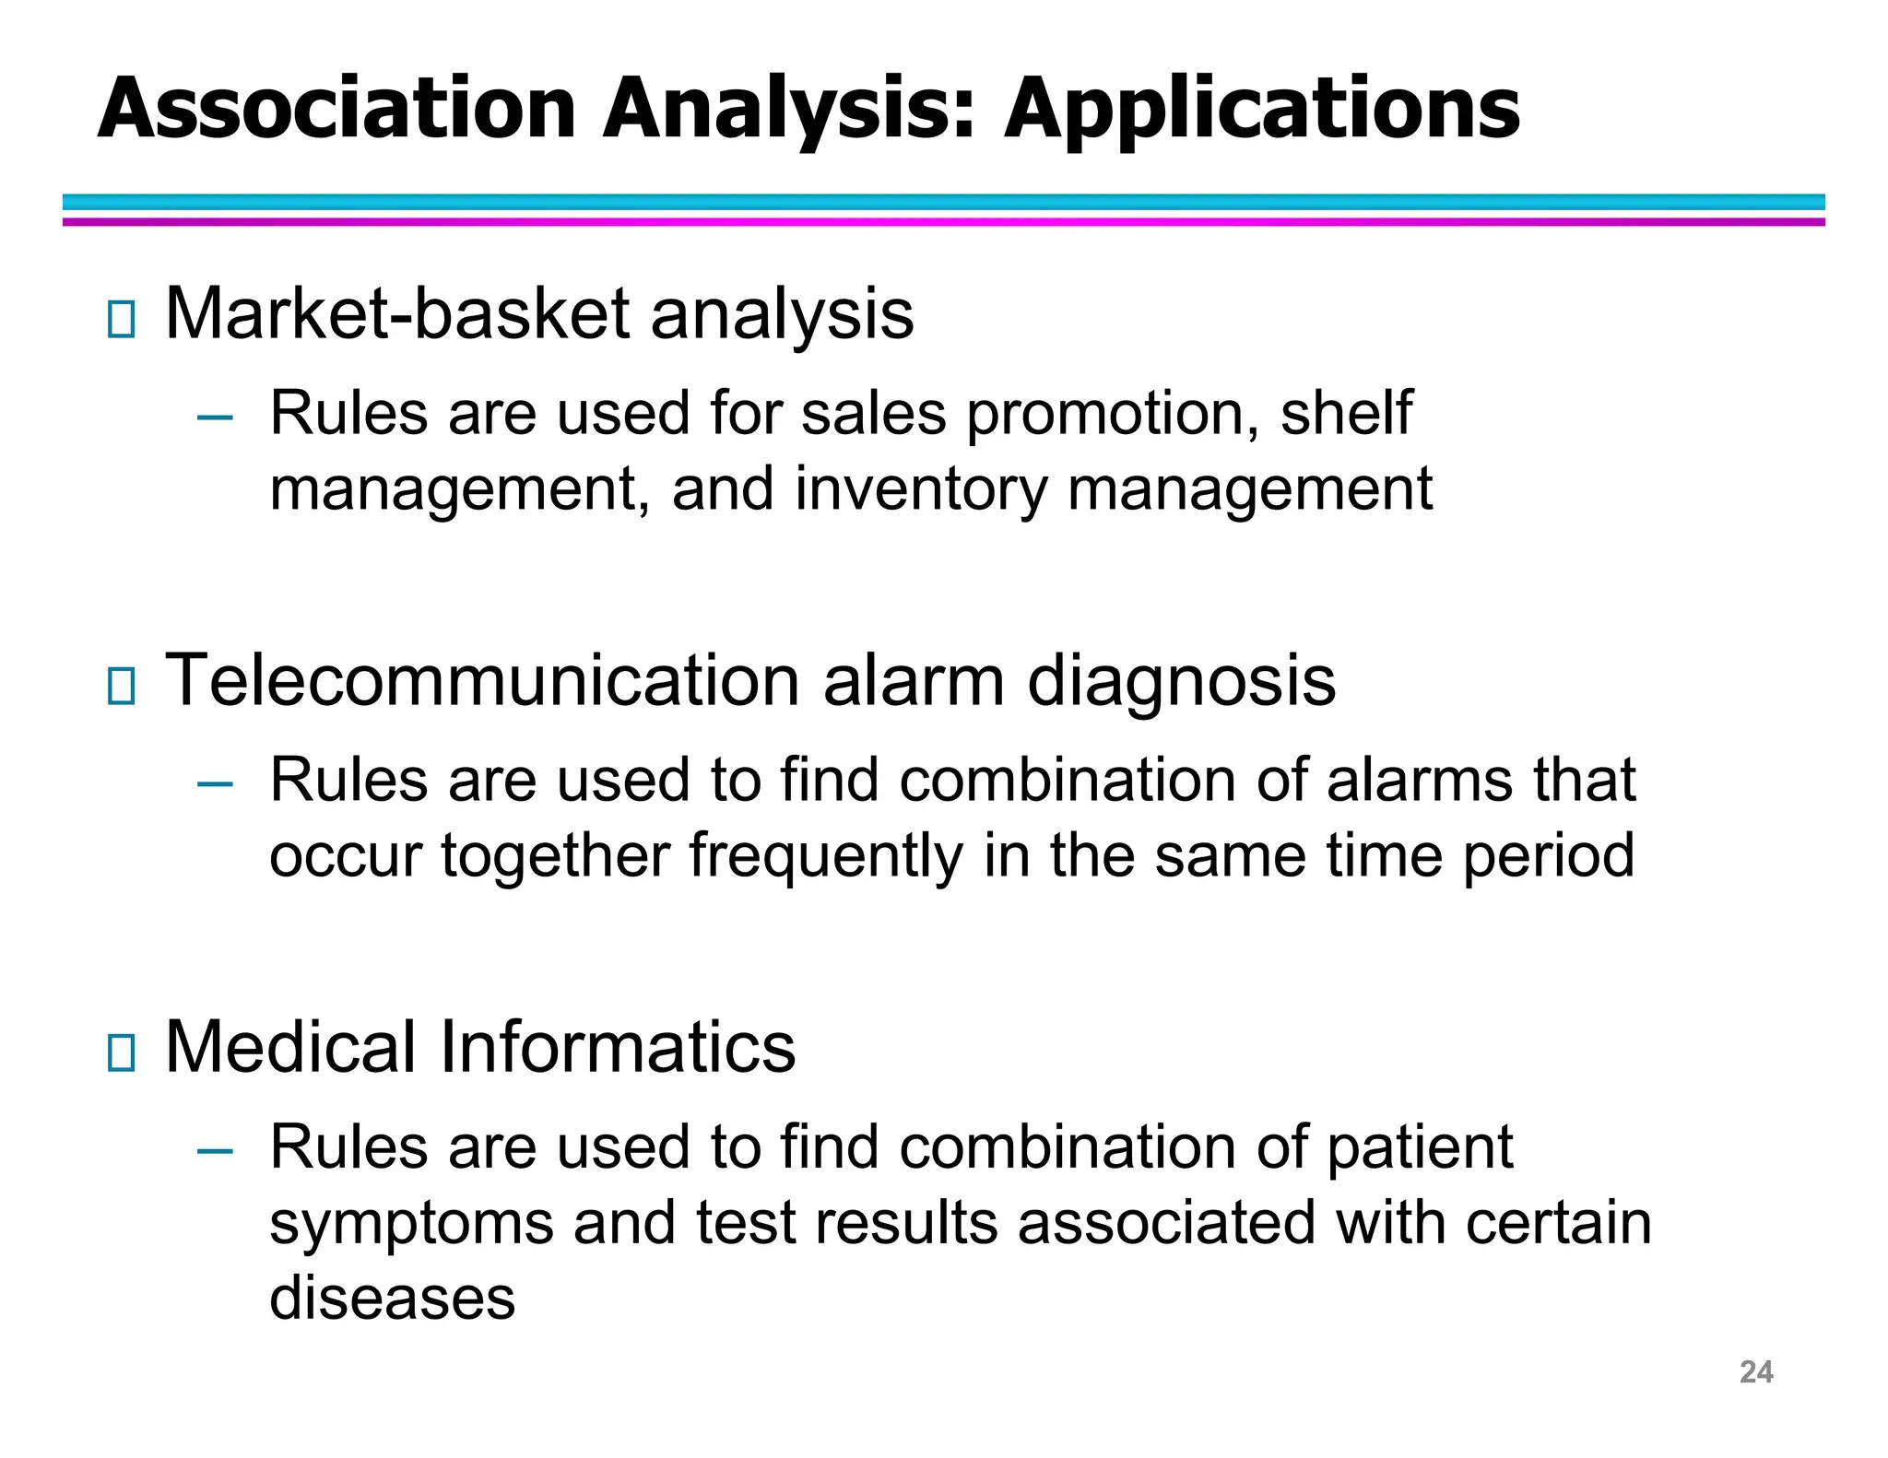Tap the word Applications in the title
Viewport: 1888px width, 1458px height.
1261,111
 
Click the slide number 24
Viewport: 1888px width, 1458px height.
1755,1372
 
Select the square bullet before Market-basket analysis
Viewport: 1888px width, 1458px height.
121,319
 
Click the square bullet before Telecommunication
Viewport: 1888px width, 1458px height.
121,686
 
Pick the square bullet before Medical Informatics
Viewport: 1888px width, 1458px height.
121,1052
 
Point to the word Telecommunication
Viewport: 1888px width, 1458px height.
482,681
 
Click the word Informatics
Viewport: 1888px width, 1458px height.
617,1048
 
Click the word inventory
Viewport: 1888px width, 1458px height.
921,489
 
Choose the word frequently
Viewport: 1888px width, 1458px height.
825,857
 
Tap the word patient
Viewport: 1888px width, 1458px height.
1420,1149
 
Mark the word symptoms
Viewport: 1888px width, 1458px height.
411,1225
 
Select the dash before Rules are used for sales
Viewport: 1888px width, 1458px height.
215,418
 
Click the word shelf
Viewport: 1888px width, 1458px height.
1346,413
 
